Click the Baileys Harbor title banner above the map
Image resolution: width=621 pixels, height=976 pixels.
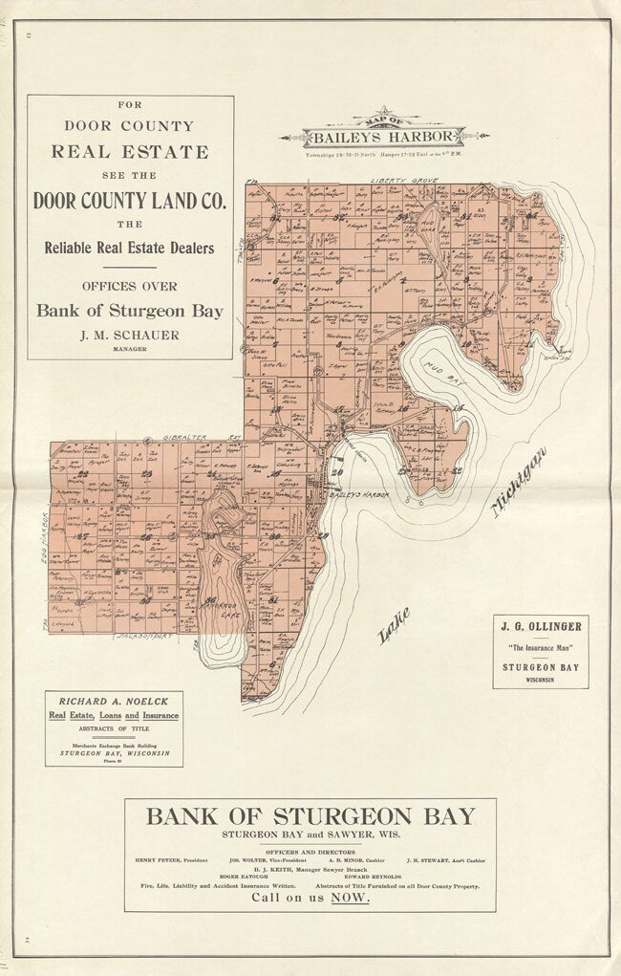pos(385,136)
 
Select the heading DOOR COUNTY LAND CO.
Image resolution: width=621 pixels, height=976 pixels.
pos(130,201)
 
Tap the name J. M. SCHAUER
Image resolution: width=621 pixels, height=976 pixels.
pos(129,336)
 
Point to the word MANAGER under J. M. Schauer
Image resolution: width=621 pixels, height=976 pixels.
pos(129,349)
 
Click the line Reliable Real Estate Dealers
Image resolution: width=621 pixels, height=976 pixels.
pos(130,248)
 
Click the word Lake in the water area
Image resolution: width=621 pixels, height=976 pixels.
pos(394,625)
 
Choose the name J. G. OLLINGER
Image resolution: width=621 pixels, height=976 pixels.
pos(540,627)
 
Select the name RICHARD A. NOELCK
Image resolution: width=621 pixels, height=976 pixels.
pos(114,701)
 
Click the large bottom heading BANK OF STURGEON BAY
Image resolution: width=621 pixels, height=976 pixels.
pos(310,816)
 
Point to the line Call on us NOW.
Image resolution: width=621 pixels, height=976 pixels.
pos(310,898)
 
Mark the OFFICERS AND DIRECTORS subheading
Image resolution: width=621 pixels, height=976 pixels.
pos(310,850)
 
